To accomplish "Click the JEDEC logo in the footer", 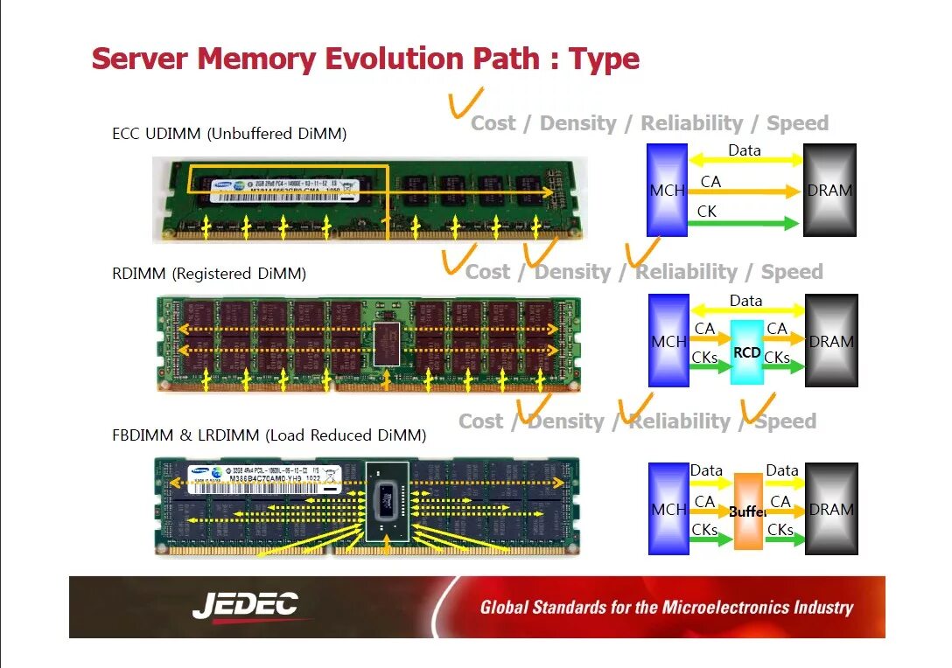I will click(x=245, y=605).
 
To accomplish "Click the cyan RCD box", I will click(x=747, y=352).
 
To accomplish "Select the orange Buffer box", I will click(x=748, y=511).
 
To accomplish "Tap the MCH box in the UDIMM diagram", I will click(x=666, y=190).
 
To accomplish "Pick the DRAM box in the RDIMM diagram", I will click(x=831, y=340).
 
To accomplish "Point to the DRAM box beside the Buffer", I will click(x=831, y=508).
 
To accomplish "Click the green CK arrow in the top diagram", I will click(x=744, y=223).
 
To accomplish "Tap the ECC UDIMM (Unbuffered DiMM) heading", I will click(x=229, y=134).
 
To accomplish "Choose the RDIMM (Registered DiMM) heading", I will click(x=209, y=274).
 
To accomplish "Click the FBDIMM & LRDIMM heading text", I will click(x=269, y=435).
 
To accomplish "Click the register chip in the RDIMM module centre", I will click(x=386, y=343).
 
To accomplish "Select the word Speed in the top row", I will click(x=797, y=123).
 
